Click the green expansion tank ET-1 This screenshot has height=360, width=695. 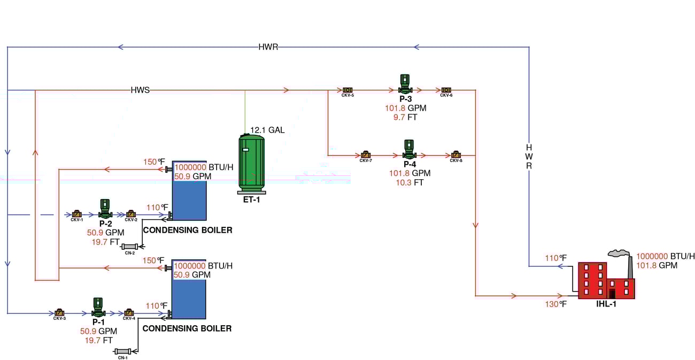(251, 163)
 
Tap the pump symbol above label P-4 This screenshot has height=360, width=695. (408, 150)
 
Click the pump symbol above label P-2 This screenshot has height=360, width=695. (104, 209)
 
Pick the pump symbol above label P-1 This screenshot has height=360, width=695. (98, 307)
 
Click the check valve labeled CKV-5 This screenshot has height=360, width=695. (347, 90)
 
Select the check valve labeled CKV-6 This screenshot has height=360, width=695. (446, 90)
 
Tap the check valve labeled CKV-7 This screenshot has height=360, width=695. (366, 155)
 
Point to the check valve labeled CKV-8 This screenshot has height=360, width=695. (455, 155)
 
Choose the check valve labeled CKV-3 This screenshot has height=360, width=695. (59, 312)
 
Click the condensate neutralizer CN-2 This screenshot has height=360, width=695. (130, 247)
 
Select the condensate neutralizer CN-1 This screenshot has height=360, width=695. (123, 351)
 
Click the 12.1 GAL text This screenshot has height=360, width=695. (268, 130)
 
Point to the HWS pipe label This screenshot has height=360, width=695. (140, 90)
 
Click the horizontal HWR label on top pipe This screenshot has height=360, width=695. (268, 47)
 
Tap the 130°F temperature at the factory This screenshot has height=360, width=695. (555, 304)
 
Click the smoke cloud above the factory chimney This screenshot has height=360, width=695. (619, 254)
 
